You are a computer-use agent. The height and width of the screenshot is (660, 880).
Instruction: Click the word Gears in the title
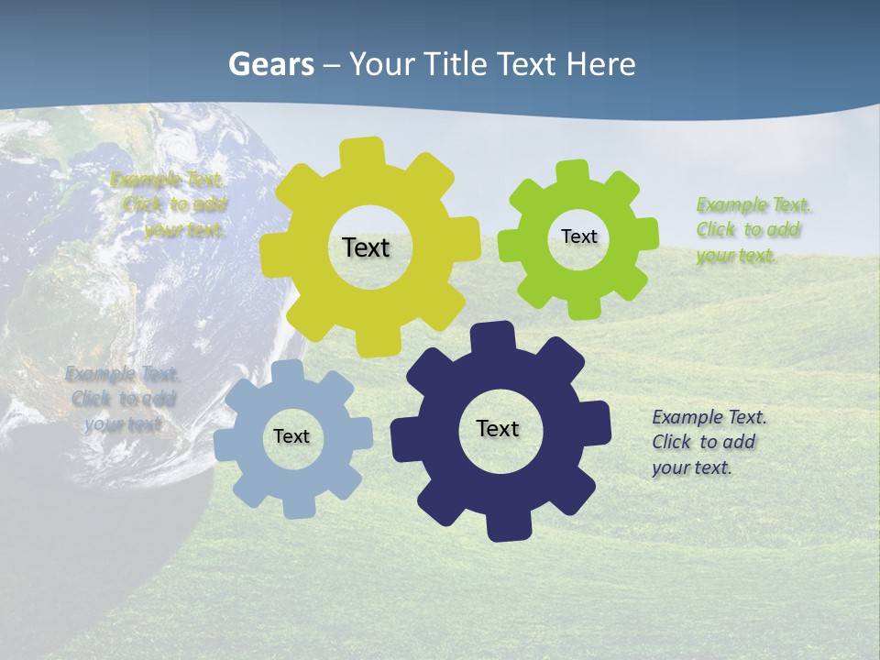[271, 64]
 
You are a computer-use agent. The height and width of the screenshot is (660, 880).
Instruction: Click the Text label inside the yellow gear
[366, 247]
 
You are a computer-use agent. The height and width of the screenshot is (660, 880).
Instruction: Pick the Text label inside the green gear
[578, 236]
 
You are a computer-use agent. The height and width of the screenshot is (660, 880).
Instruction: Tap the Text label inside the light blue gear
[291, 436]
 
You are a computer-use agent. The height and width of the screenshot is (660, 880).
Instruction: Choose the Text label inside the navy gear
[498, 428]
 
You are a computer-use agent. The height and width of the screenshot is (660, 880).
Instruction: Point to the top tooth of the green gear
[573, 173]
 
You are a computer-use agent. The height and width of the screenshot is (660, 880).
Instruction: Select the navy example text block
[709, 442]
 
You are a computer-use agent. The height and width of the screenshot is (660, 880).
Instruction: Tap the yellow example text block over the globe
[170, 204]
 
